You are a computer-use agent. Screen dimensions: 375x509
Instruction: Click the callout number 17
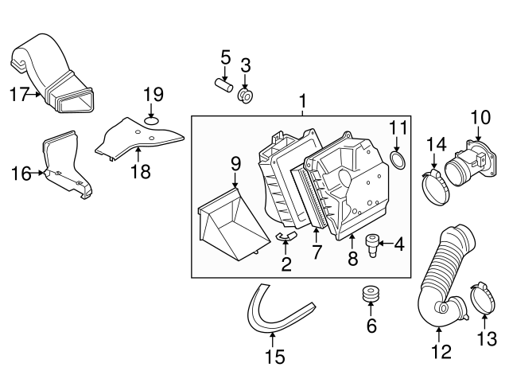[x=19, y=96]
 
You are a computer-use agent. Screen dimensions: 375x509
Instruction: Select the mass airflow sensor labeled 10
[x=468, y=162]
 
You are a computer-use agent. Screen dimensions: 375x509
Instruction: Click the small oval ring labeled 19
[x=152, y=122]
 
